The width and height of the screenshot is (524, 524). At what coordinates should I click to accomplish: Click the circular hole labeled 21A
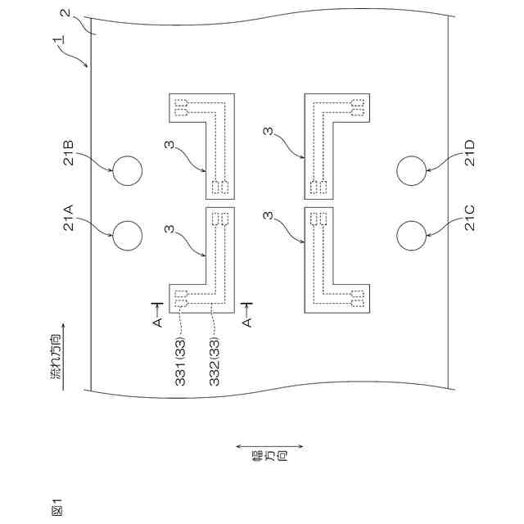click(x=127, y=236)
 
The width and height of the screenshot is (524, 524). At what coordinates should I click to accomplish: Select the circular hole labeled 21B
click(x=127, y=170)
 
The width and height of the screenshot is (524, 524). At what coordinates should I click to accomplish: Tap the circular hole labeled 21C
click(x=411, y=236)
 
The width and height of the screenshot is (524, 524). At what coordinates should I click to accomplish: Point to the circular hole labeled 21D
click(x=411, y=170)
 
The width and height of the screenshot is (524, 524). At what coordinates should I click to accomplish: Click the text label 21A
click(x=70, y=219)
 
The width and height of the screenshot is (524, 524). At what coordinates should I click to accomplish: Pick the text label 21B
click(x=70, y=156)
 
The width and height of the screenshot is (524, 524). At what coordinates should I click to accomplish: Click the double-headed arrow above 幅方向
click(x=269, y=446)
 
